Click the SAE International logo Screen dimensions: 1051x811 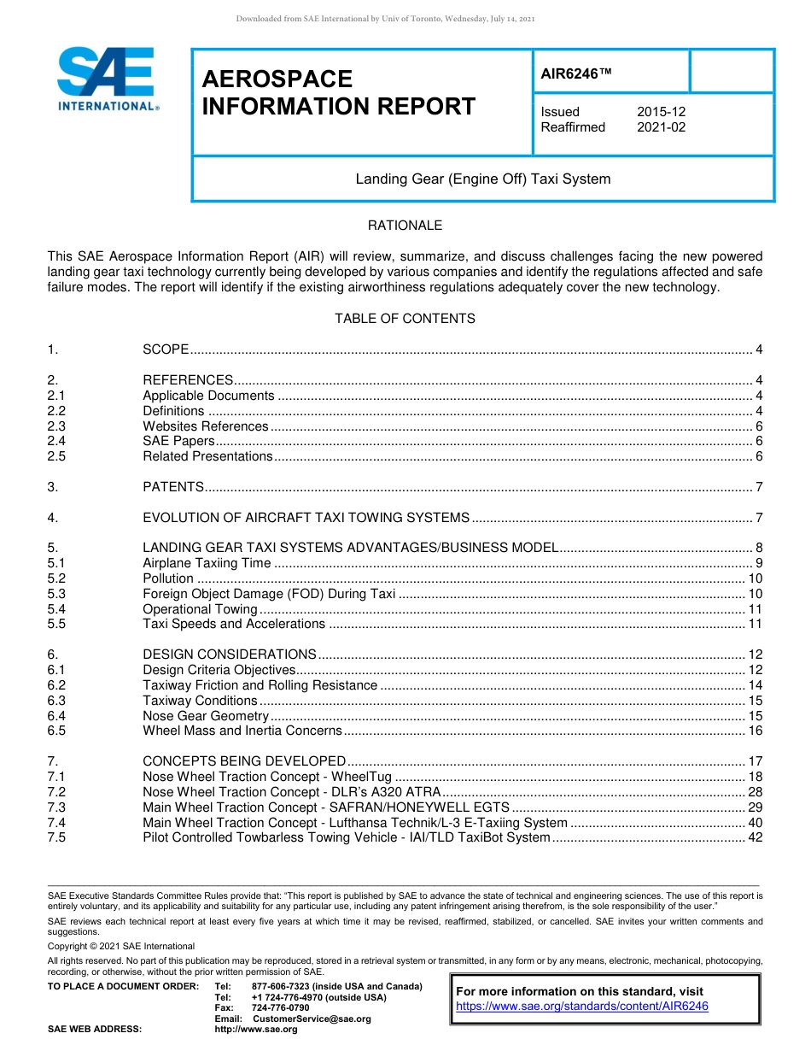pos(107,79)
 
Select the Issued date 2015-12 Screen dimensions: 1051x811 pos(661,112)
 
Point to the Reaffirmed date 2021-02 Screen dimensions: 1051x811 pos(661,127)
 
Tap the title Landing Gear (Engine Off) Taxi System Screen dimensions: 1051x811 pos(482,179)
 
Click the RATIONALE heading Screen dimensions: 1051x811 pos(405,226)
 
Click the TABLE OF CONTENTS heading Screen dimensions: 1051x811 pos(405,319)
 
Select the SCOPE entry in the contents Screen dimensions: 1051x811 pos(166,349)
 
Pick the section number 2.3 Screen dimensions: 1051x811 pos(56,426)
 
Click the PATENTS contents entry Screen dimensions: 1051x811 pos(172,487)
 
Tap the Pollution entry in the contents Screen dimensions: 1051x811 pos(167,578)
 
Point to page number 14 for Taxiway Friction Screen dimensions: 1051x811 pos(755,685)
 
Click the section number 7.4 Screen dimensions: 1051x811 pos(56,823)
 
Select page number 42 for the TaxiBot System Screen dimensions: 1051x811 pos(755,837)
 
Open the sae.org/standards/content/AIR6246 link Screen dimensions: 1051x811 pos(582,1007)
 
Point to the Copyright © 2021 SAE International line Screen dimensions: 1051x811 pos(121,946)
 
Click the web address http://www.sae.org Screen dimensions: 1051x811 pos(255,1030)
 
